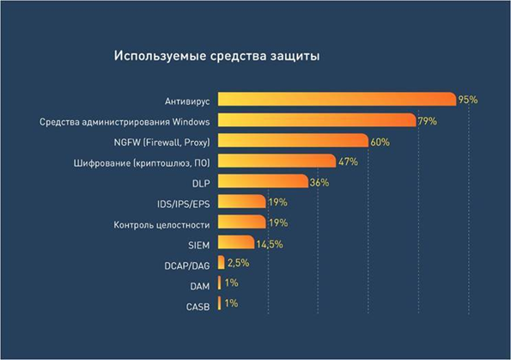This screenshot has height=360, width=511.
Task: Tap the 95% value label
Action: (x=467, y=100)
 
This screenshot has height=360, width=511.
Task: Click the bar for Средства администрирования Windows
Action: (x=317, y=119)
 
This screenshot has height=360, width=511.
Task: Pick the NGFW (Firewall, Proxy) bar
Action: (x=293, y=140)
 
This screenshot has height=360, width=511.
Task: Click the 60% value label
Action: (x=380, y=140)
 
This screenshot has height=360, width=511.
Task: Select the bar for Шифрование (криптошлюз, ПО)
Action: (x=277, y=161)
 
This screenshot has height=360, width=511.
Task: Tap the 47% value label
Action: (x=347, y=161)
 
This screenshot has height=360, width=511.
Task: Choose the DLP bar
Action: (x=263, y=181)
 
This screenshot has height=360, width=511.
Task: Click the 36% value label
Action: (x=319, y=182)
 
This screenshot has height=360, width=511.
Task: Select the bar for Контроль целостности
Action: (x=241, y=223)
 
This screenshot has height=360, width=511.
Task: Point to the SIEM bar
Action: (x=236, y=243)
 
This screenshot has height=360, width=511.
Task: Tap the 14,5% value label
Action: (x=270, y=244)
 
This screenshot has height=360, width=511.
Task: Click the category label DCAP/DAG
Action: (x=186, y=265)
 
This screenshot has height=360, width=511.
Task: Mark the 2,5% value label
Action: (x=239, y=264)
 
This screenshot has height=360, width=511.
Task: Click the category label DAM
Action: (x=199, y=285)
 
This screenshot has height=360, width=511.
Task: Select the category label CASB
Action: (x=198, y=306)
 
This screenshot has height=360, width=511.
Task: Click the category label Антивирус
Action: (x=188, y=100)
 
